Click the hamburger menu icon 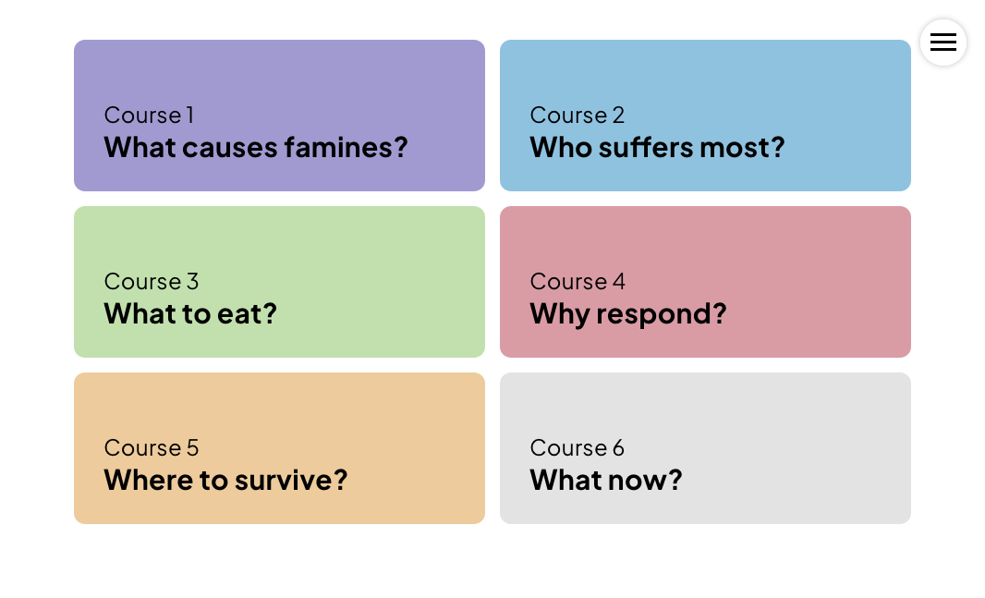point(942,43)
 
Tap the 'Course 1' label point(149,115)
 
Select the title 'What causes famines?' point(256,148)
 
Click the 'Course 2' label point(578,115)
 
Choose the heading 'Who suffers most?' point(657,148)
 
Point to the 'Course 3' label point(152,281)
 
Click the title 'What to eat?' point(190,314)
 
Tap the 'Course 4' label point(578,281)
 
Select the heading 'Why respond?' point(628,314)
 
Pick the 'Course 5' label point(152,448)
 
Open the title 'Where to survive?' point(225,481)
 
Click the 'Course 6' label point(578,448)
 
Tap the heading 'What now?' point(606,481)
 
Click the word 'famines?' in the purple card point(347,148)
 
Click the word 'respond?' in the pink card point(662,314)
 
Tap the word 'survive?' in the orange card point(291,481)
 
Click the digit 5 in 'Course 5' point(193,448)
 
